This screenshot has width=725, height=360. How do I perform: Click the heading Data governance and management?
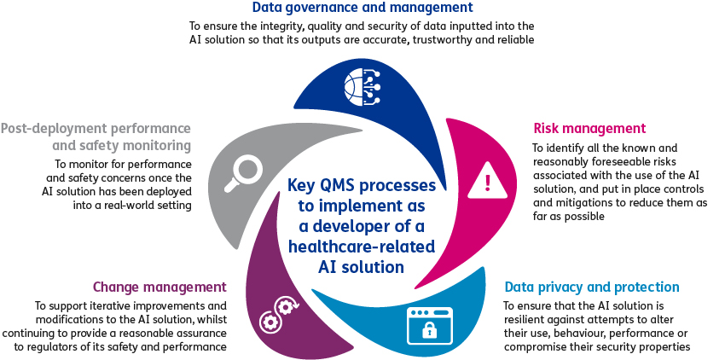click(362, 8)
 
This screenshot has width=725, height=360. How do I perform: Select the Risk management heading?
click(589, 128)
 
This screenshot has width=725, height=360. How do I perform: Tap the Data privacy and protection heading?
click(592, 287)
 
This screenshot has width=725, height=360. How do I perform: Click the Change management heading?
click(159, 287)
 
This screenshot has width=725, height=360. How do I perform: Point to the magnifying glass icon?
click(243, 173)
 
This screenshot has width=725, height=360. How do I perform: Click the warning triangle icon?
click(487, 182)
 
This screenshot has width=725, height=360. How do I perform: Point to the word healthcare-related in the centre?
click(362, 246)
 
